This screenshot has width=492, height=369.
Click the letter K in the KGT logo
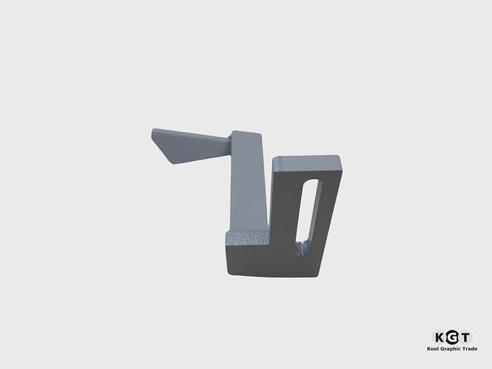440,338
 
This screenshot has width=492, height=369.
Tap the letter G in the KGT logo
452,337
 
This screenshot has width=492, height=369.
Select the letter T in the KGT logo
465,338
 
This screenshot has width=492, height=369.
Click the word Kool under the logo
433,349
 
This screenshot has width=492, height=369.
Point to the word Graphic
451,349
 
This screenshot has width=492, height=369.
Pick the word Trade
470,349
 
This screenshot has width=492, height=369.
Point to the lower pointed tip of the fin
173,163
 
